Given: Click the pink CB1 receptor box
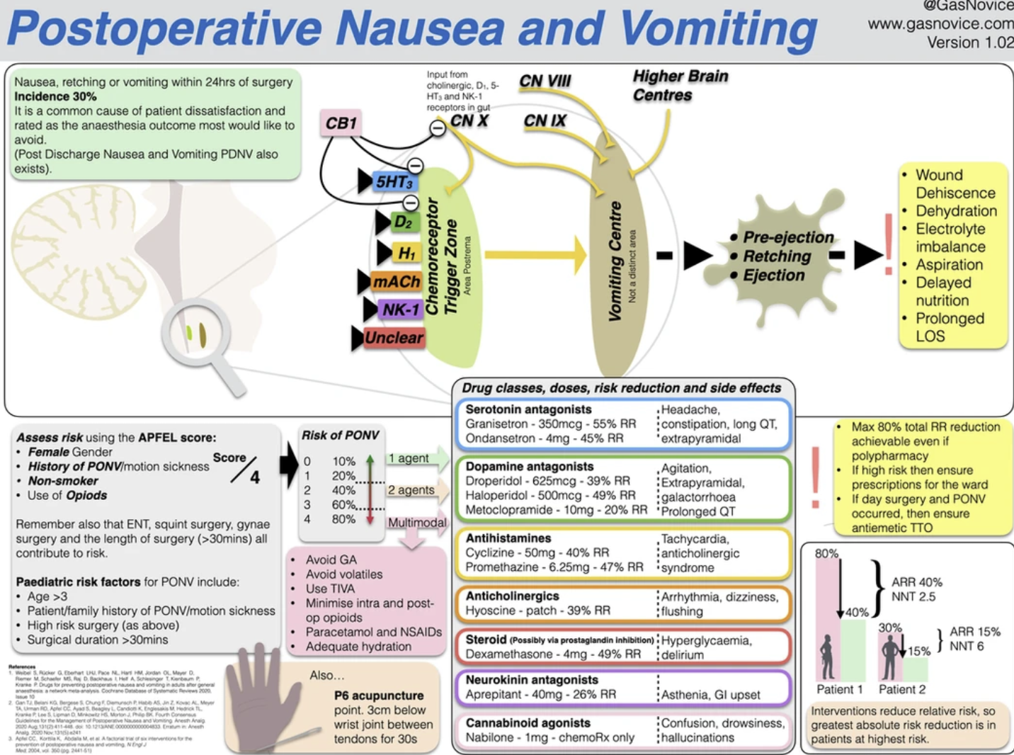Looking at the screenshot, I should [341, 123].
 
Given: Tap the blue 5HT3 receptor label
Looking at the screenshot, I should [394, 182].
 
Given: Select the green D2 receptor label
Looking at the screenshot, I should [402, 222].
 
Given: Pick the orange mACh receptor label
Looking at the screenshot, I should [397, 282].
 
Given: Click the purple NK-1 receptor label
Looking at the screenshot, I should [401, 310].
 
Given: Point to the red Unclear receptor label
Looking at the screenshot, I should [394, 338].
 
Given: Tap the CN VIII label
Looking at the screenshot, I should [545, 81].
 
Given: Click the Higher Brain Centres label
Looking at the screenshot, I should [679, 86].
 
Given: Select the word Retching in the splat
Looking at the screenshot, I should [777, 256].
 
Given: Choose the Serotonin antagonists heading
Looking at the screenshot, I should [528, 409].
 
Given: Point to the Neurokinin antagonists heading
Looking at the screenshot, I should [532, 680].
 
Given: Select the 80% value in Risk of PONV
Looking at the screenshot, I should [343, 519].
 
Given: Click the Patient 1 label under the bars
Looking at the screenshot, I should [839, 689].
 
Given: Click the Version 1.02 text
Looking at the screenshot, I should [970, 42].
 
